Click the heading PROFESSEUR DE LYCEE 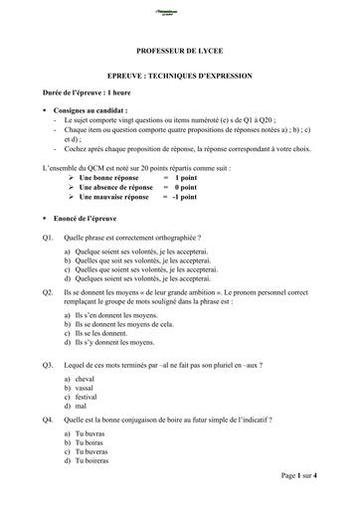179,48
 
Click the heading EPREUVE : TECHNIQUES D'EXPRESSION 180,76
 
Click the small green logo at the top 180,13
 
